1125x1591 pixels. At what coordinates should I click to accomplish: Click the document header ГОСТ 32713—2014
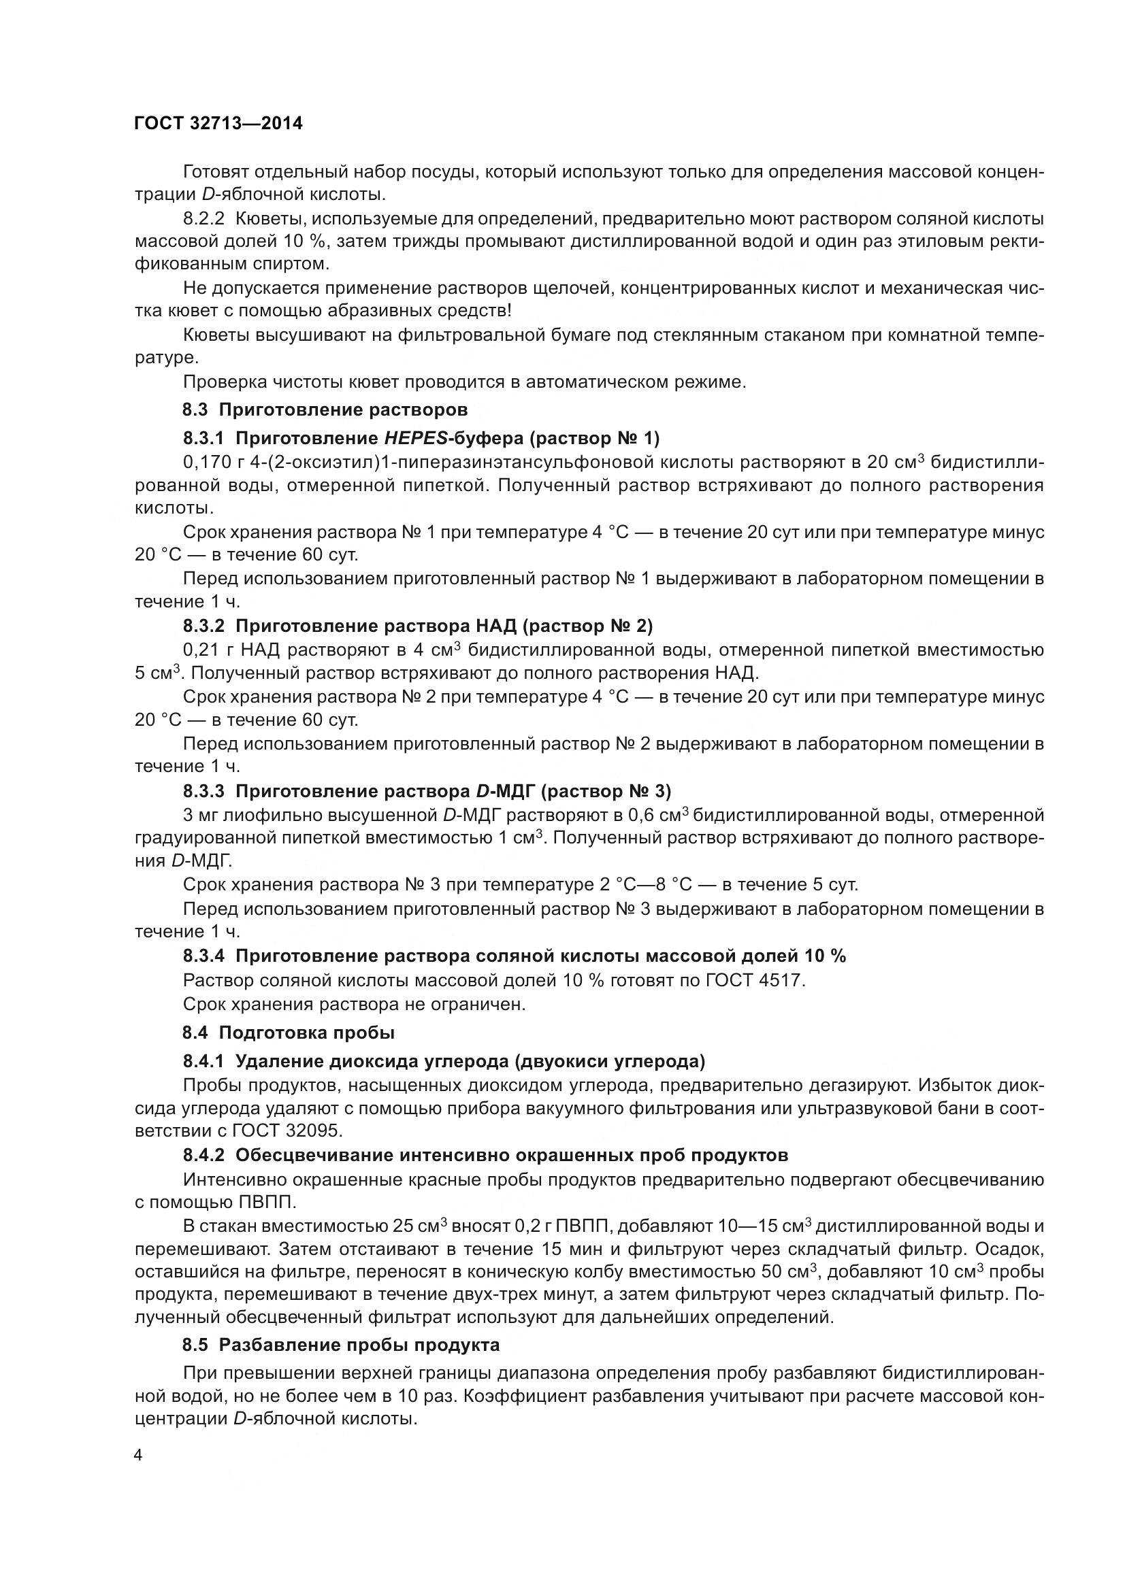tap(218, 124)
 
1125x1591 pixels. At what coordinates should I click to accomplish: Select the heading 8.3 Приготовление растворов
tap(325, 409)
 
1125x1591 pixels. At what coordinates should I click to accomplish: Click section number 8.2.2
tap(203, 219)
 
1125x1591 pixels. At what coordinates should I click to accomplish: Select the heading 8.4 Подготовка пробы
tap(289, 1033)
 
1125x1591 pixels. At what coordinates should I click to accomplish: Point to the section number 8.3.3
tap(203, 791)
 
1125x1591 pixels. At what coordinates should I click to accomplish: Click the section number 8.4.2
tap(203, 1155)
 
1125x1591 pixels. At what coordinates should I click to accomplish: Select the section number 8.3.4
tap(203, 956)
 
